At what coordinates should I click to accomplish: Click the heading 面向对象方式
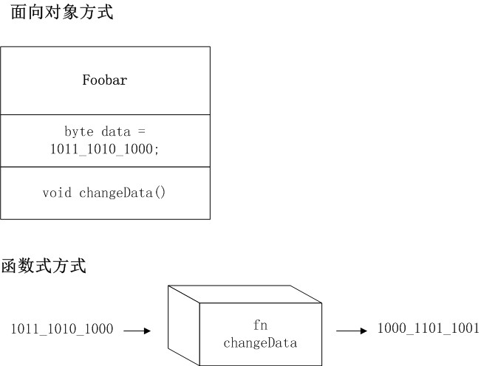61,13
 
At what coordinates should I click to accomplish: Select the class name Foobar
104,80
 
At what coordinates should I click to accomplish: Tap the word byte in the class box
79,131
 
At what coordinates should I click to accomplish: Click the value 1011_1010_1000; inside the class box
104,148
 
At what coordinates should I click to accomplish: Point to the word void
57,193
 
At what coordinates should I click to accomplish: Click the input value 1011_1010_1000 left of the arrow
62,330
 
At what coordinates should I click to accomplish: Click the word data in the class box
116,131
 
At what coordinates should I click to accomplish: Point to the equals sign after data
143,131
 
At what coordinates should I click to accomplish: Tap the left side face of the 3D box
185,325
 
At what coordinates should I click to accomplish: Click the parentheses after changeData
160,193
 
